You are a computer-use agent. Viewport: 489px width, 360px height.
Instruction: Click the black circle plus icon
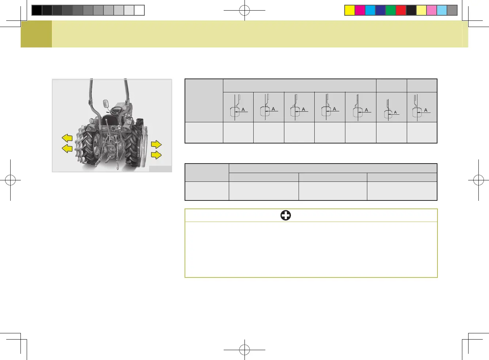pos(285,215)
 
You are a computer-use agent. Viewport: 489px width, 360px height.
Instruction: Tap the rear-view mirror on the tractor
pos(106,104)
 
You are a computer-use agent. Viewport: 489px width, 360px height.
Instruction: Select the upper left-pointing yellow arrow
pos(67,138)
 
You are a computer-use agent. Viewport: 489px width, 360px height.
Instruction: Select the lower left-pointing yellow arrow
pos(67,149)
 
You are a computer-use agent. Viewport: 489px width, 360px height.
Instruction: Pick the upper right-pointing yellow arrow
pos(156,144)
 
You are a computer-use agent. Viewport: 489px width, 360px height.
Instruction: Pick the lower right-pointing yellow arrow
pos(156,155)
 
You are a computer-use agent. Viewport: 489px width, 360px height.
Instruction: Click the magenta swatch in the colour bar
pos(360,10)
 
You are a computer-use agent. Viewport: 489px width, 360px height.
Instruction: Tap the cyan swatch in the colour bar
pos(370,10)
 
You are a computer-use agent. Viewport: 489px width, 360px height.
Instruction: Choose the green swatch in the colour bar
pos(391,10)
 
